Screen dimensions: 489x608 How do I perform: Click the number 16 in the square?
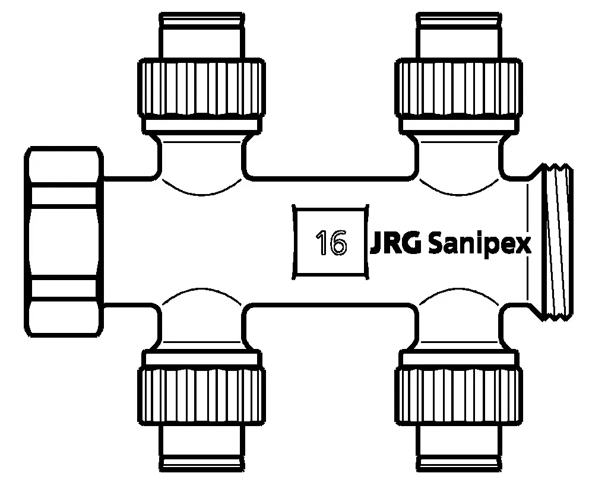(x=331, y=242)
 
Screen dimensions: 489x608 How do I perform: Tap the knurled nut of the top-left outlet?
(x=201, y=87)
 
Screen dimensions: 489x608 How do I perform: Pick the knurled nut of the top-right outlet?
(x=459, y=87)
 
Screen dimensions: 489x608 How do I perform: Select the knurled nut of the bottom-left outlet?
(x=201, y=396)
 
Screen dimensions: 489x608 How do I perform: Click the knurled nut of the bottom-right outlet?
(x=459, y=396)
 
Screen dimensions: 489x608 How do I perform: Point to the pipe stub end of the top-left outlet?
(x=201, y=36)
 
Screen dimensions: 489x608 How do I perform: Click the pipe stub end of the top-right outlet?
(x=459, y=36)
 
